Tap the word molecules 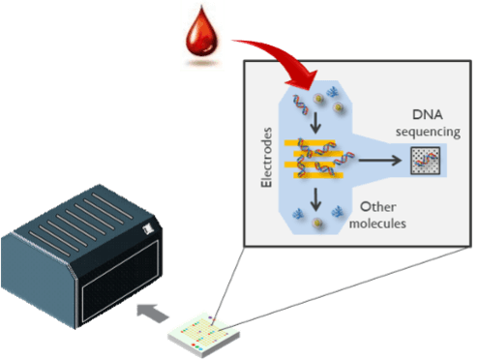(380, 224)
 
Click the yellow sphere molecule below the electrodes (318, 220)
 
